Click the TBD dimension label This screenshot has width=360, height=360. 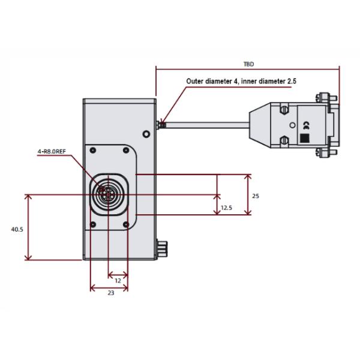pos(248,62)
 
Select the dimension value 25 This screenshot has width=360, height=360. pos(256,196)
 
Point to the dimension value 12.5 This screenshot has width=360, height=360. pos(226,208)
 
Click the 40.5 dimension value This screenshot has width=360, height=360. pos(17,229)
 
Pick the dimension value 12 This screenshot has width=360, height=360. pos(118,280)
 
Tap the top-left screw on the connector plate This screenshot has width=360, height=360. pos(93,150)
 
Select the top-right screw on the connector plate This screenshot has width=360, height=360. pos(125,150)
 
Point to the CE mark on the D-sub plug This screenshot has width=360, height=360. pos(305,125)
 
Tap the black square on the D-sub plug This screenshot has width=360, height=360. pos(304,138)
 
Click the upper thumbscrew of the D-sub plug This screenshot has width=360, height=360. pos(324,96)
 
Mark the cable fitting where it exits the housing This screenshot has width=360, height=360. pos(160,125)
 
